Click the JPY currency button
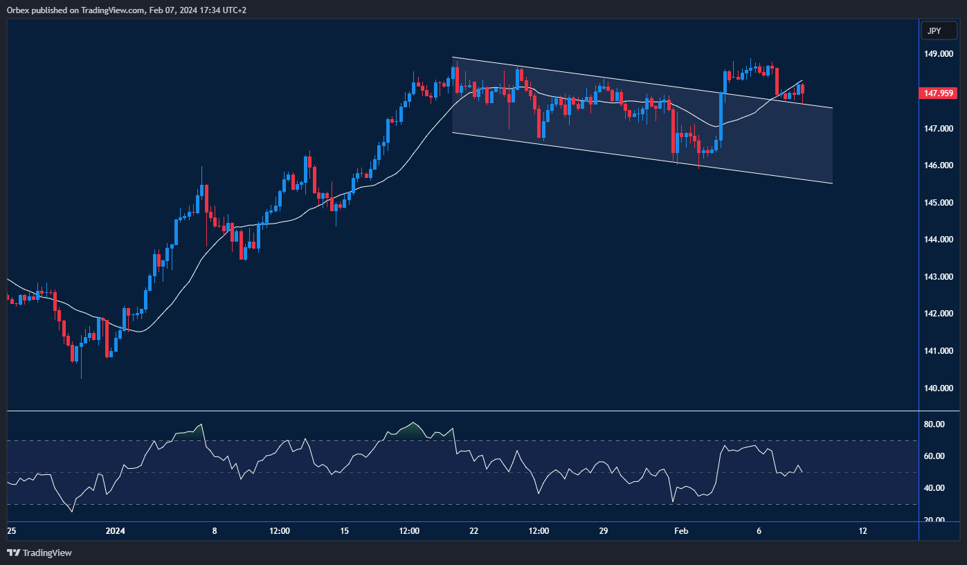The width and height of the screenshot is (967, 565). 938,31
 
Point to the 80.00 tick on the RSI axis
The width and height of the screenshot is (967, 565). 934,424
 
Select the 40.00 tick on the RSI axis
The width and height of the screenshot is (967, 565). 934,488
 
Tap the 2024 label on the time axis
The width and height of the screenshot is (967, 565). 116,531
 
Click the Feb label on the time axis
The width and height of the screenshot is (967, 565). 681,531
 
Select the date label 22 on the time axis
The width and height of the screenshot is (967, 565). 473,531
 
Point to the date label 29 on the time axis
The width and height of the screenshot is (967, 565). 603,531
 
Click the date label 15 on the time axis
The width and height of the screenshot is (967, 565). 345,531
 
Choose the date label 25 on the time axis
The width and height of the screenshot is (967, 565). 11,531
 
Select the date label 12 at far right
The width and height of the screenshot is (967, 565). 862,531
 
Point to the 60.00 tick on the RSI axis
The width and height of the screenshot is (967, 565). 934,456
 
